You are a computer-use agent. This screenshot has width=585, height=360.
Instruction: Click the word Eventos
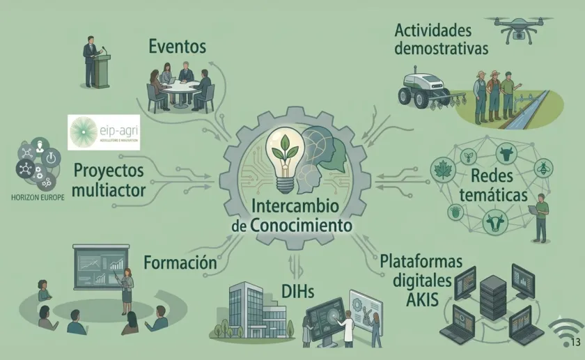tap(177, 47)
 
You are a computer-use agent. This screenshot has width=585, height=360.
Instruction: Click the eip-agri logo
tap(104, 132)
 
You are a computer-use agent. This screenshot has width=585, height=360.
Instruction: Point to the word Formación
tap(180, 263)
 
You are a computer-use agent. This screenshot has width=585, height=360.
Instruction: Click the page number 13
tap(575, 341)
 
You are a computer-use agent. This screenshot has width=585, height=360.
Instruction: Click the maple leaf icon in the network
tap(442, 168)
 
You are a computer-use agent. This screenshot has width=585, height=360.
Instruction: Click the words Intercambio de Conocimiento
tap(292, 216)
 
